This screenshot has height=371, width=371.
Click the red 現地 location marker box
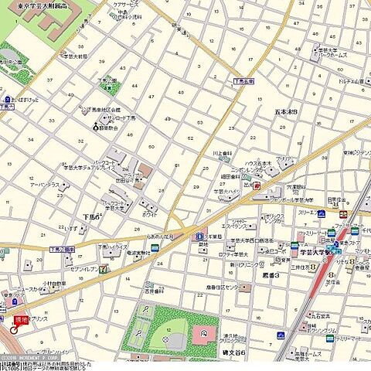[x=19, y=318]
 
